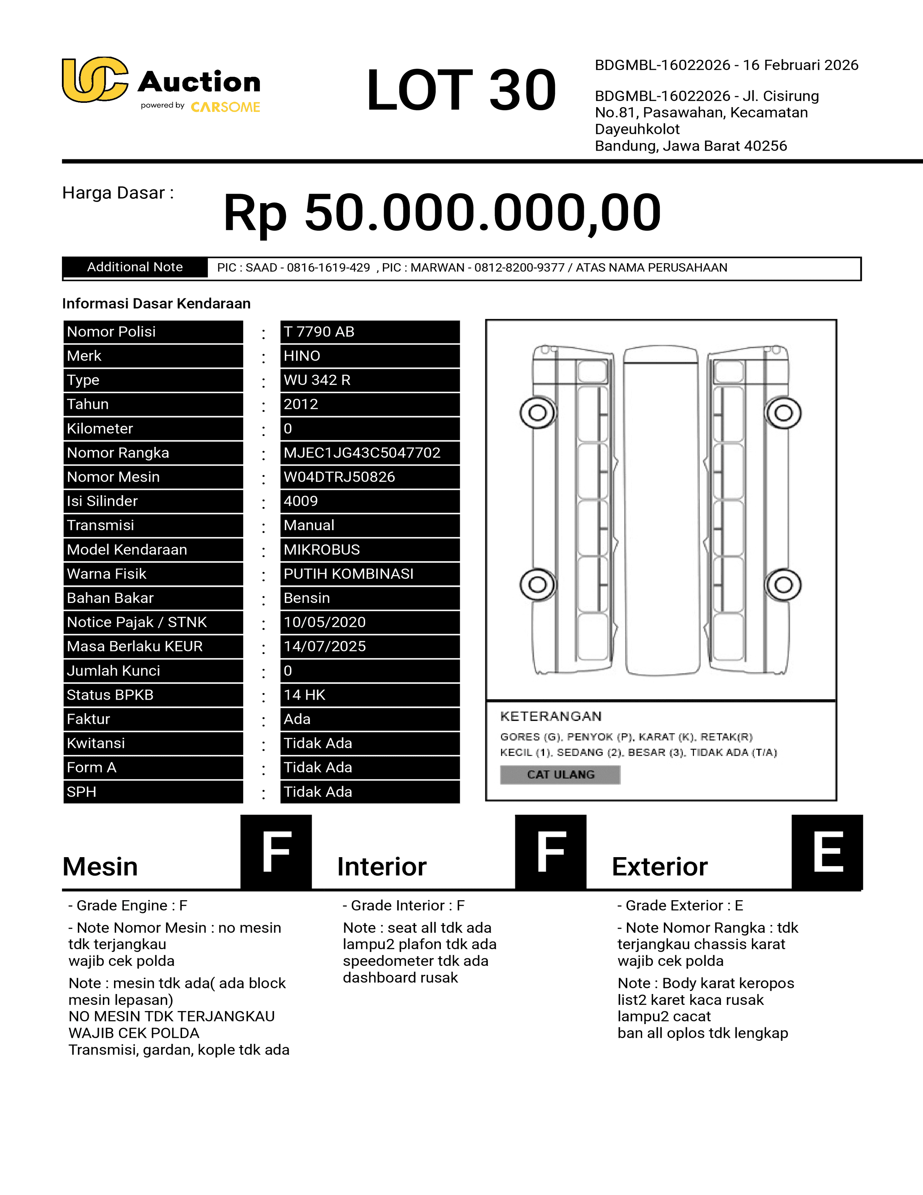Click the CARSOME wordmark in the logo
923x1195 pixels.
[x=225, y=107]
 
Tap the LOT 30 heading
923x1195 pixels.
[x=461, y=90]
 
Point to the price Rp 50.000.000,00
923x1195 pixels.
[x=442, y=212]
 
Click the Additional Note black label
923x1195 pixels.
[x=135, y=267]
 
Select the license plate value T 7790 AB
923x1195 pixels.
[x=319, y=332]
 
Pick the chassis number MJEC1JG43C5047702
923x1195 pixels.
[x=362, y=453]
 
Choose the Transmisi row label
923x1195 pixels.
[x=101, y=525]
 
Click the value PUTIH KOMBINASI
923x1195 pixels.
[x=348, y=574]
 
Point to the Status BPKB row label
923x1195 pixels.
[x=110, y=695]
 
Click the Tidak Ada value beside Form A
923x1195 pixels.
[x=318, y=768]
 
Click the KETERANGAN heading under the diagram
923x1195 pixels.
[x=551, y=716]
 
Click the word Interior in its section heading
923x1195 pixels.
[x=382, y=867]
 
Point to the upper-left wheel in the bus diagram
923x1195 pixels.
[x=538, y=412]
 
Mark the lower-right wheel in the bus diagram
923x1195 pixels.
[x=784, y=584]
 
